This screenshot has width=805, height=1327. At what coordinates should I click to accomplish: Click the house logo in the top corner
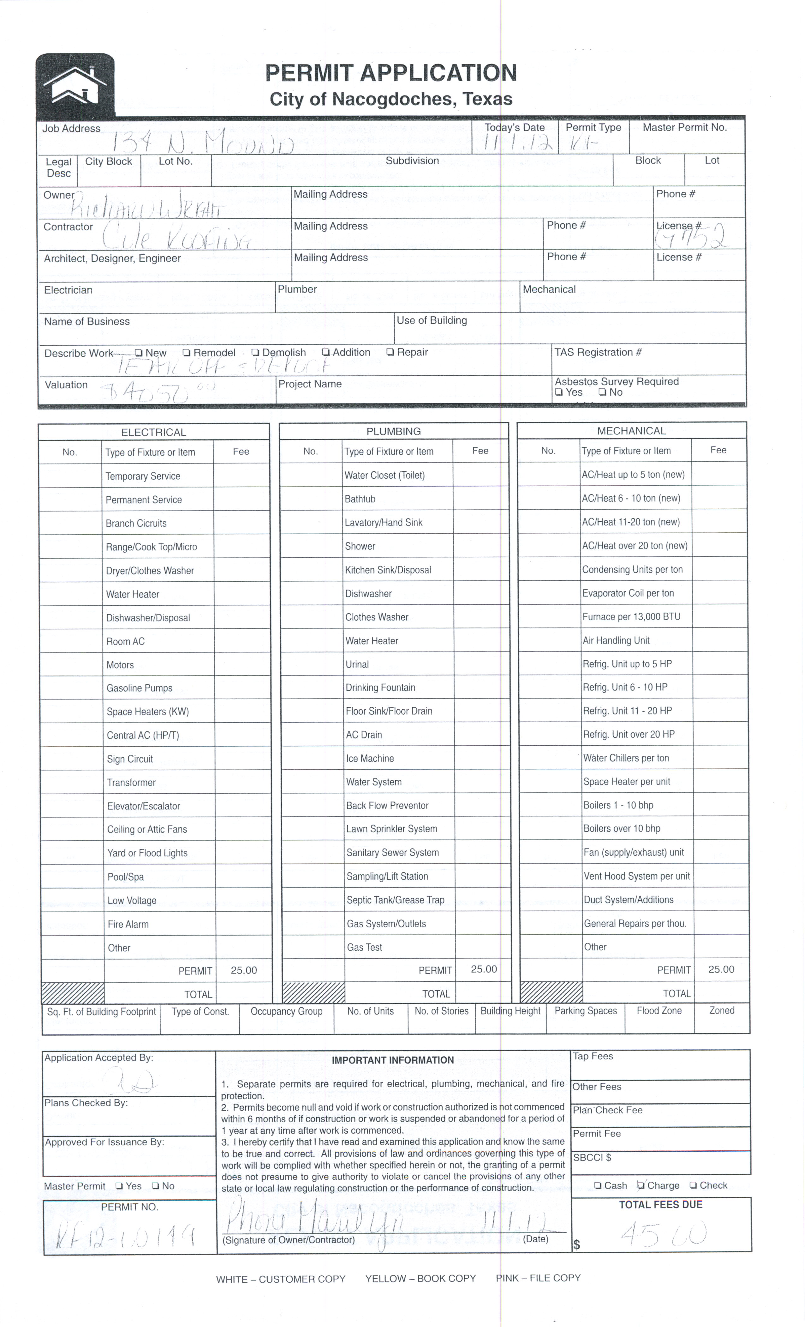(x=75, y=85)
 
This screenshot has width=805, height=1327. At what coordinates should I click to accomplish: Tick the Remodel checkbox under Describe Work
(x=187, y=353)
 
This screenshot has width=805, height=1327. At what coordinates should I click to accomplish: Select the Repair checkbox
(x=390, y=352)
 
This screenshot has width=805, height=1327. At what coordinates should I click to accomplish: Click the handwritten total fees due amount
(x=663, y=1233)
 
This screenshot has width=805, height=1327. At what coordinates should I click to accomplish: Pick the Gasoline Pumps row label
(x=139, y=688)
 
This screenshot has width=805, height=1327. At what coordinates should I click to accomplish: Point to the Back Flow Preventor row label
(x=387, y=806)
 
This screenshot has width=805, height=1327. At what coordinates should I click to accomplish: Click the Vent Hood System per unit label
(x=636, y=876)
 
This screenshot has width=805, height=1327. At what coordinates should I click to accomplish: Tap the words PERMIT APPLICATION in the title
(x=391, y=73)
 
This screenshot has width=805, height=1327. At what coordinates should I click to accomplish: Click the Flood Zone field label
(x=659, y=1011)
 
